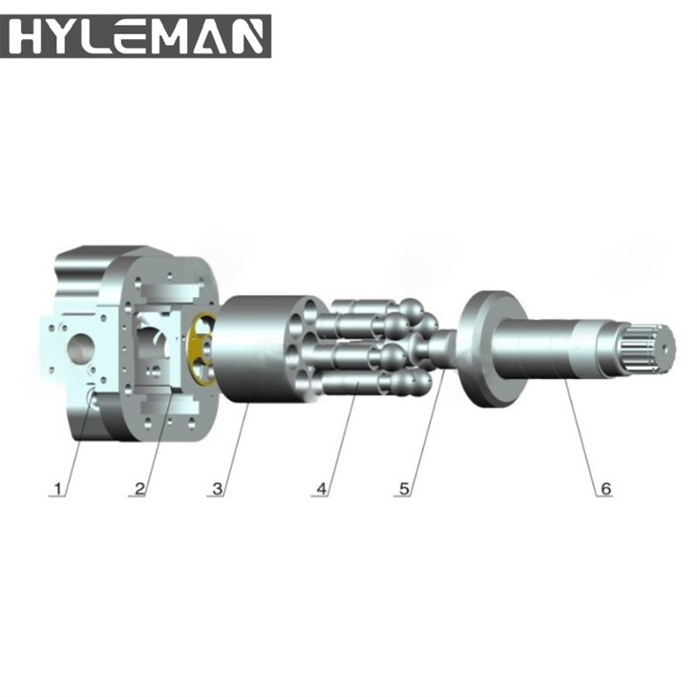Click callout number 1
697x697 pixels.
(58, 489)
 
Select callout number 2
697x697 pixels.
(139, 489)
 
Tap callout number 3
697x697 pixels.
(218, 489)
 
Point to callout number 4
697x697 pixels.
(322, 489)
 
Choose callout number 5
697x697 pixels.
(404, 489)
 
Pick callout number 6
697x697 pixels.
(603, 489)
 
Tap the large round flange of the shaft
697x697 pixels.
(483, 349)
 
